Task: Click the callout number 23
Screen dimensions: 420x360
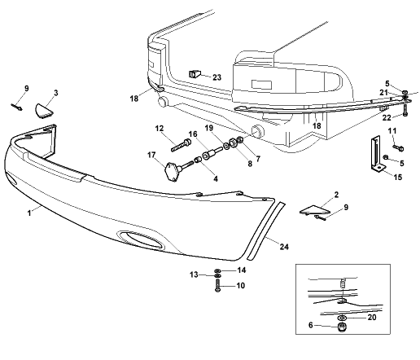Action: tap(217, 77)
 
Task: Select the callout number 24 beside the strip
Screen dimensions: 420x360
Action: tap(284, 247)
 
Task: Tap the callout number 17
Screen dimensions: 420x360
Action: tap(151, 155)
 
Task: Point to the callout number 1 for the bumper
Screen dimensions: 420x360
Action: tap(29, 213)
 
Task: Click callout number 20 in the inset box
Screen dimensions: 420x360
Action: tap(372, 317)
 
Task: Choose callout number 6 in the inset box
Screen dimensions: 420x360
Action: tap(311, 325)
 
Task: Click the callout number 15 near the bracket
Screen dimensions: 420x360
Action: tap(398, 177)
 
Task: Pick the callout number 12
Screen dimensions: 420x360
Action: tap(160, 128)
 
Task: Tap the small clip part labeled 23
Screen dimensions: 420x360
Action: tap(195, 73)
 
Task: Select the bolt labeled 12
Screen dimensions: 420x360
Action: tap(182, 145)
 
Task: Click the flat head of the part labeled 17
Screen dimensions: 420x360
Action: tap(171, 171)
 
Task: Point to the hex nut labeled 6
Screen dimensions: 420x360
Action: tap(342, 327)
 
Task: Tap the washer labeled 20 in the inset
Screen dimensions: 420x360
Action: tap(342, 318)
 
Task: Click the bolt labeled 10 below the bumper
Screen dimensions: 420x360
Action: tap(217, 285)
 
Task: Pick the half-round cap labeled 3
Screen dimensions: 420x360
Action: tap(45, 111)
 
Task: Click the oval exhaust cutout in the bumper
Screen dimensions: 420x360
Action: tap(141, 240)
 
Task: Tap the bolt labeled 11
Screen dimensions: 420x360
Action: tap(398, 147)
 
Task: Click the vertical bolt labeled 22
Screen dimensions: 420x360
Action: tap(405, 111)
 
